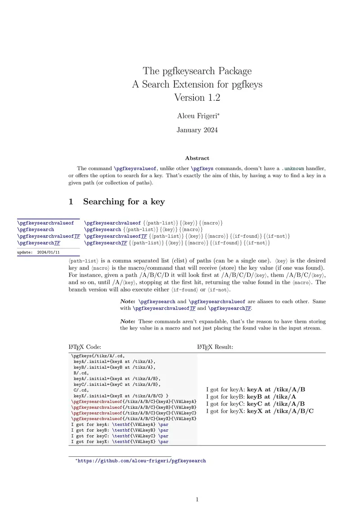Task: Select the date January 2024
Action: [x=197, y=130]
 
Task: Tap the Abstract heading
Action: [x=197, y=158]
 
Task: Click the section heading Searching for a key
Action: [x=124, y=201]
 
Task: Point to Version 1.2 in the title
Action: [x=197, y=97]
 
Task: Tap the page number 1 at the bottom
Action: [x=197, y=499]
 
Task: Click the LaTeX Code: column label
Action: [x=85, y=347]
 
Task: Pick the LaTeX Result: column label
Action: [x=215, y=347]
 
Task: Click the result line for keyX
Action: [x=260, y=411]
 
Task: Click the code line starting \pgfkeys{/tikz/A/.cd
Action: [x=96, y=355]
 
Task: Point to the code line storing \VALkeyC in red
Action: [x=134, y=413]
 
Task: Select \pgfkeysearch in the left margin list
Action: [x=36, y=229]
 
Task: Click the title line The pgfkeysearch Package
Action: [x=197, y=71]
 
